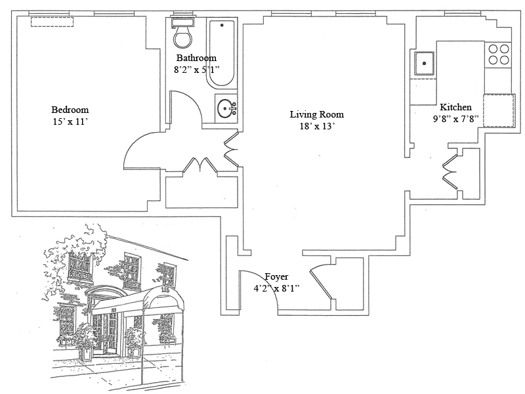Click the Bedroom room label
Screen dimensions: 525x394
[70, 110]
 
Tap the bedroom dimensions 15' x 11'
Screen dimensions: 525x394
[70, 121]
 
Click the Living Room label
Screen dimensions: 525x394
[317, 114]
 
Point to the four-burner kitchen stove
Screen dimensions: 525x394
[498, 53]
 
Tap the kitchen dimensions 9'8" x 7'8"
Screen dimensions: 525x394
[455, 120]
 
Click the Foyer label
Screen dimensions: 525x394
[276, 277]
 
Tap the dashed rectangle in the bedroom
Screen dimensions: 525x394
[52, 22]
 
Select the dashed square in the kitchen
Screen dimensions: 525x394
[498, 110]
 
